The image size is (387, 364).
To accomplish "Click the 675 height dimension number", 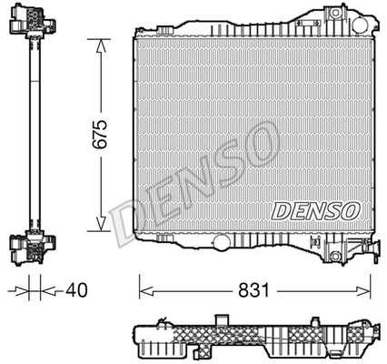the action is (100, 135).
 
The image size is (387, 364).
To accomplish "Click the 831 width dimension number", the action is (253, 290).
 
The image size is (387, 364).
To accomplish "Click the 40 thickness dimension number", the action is (76, 290).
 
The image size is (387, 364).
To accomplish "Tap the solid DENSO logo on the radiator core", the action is (315, 211).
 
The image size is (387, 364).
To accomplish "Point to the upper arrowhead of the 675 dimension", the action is (101, 45).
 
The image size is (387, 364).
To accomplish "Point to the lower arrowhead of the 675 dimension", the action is (101, 224).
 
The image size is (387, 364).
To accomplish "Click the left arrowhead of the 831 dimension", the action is (146, 291).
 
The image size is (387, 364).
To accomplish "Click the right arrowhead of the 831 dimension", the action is (363, 291).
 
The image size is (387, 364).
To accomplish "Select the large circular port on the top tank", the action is (360, 25).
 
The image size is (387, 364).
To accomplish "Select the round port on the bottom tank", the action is (222, 242).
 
